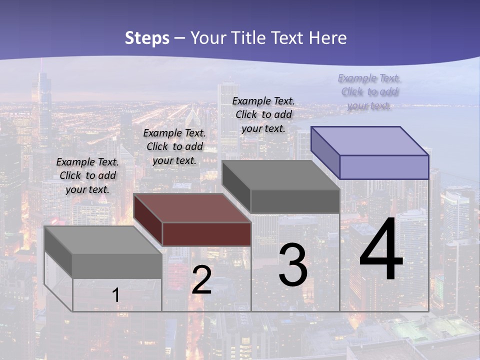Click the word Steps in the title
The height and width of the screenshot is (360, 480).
147,38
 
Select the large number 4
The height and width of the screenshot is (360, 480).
381,250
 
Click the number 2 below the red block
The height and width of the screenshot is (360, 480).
201,280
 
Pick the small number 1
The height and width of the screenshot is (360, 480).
116,295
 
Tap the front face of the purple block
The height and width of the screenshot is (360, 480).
384,167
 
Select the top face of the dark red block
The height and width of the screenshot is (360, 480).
192,208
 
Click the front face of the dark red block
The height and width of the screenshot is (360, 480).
206,234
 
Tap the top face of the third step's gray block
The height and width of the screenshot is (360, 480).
281,175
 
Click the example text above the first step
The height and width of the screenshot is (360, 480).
87,175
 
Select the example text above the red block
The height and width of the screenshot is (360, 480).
174,146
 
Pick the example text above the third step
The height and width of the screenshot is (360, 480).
263,114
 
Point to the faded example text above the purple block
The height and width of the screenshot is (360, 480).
369,91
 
